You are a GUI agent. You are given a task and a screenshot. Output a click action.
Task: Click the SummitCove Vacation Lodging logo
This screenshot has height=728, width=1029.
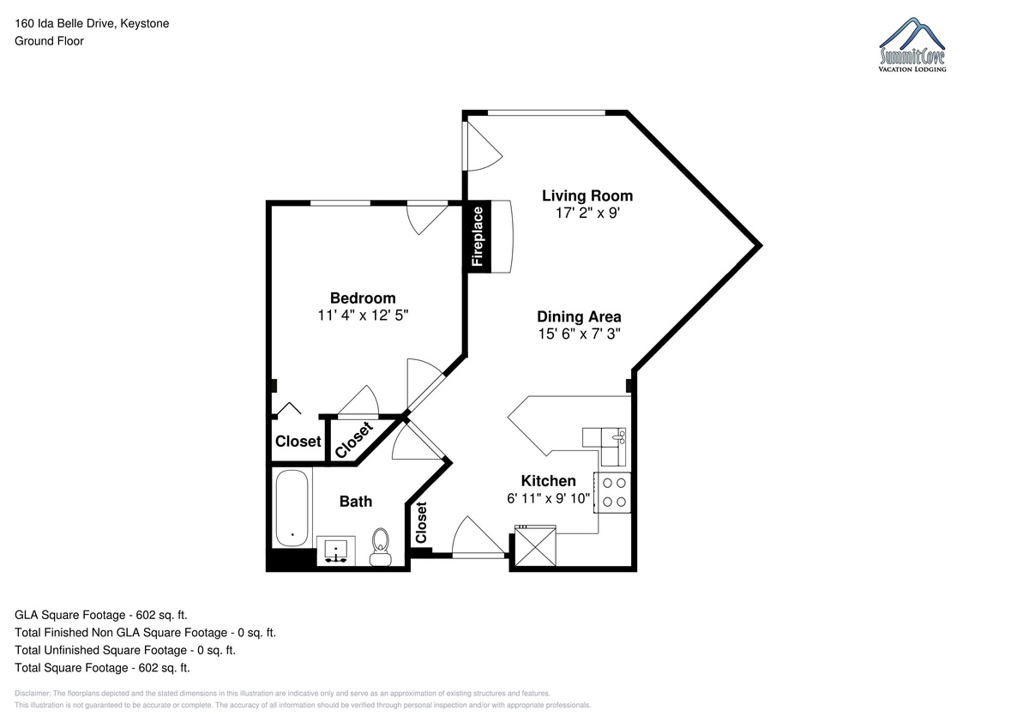point(912,45)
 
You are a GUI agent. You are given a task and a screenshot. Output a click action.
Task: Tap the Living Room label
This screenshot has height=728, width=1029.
point(587,196)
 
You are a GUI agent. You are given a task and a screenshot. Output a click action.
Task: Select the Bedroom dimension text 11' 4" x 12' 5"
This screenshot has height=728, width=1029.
point(363,316)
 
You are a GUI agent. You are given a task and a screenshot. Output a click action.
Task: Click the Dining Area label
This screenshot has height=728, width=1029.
point(579,316)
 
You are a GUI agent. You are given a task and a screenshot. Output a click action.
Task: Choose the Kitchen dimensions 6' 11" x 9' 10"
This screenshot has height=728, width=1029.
point(548,498)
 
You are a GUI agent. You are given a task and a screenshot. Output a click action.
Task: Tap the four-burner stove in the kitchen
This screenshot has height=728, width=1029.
point(613,492)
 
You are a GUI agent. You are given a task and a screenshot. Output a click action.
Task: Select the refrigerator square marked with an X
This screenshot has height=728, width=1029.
point(535,546)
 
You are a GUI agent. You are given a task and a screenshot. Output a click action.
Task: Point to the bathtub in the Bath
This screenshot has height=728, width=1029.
point(292,508)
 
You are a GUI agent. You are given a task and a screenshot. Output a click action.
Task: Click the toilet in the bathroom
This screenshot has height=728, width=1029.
point(381,546)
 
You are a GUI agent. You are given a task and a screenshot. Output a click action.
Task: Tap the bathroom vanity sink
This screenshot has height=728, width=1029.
point(336,551)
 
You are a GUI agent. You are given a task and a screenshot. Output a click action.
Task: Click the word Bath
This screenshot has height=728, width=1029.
point(356,501)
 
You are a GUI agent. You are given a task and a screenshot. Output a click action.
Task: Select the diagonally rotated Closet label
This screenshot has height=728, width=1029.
point(353,440)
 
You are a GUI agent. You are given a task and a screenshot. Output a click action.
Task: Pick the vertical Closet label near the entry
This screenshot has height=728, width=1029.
point(421,522)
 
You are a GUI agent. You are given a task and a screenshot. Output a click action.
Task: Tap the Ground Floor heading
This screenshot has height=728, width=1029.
point(49,41)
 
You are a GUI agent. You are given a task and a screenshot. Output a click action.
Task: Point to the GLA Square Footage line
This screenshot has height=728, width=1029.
point(101,615)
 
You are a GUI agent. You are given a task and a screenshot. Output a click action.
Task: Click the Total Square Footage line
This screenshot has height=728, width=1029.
point(102,667)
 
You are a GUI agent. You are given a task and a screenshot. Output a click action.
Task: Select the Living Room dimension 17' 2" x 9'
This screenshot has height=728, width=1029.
point(587,214)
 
